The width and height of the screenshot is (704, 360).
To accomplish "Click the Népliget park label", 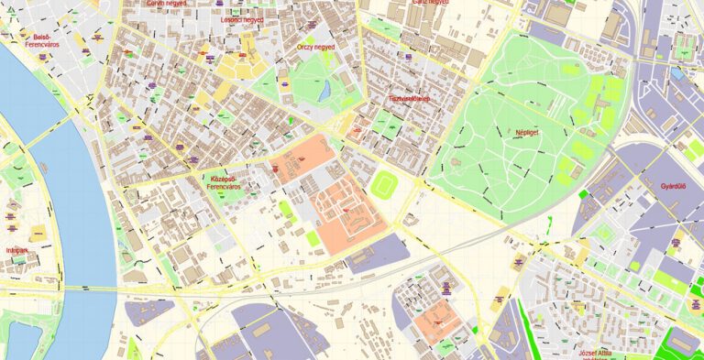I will pos(526,132).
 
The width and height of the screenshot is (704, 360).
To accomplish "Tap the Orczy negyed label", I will pos(316,46).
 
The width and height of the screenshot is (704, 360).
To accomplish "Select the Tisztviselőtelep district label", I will pos(409,98).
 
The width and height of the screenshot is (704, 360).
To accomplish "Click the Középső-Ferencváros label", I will pos(224,182).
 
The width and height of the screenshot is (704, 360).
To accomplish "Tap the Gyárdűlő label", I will pos(673,186).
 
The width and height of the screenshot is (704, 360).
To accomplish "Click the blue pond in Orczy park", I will pos(324,91).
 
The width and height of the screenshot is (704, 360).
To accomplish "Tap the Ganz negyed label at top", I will pos(430,3).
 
